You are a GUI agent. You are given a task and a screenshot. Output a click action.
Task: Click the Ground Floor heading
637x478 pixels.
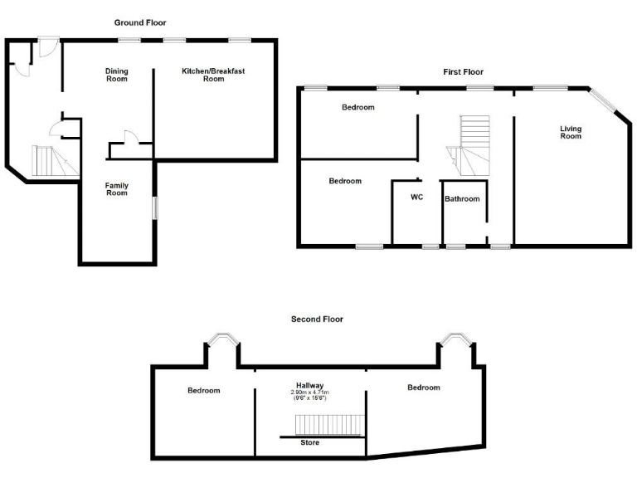click(x=145, y=22)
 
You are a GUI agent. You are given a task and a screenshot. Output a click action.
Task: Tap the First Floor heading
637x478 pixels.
click(x=463, y=72)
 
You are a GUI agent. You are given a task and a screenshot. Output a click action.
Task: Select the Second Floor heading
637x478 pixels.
click(x=317, y=319)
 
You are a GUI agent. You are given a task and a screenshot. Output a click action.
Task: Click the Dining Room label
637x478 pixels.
click(x=117, y=75)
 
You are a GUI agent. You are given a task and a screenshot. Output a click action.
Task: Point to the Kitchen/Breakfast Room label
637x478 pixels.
click(x=213, y=75)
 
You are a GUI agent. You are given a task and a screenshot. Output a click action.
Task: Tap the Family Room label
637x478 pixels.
click(x=116, y=189)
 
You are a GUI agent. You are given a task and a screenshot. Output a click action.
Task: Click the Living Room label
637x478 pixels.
click(x=571, y=132)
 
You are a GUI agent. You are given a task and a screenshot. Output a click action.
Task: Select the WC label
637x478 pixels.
click(x=417, y=198)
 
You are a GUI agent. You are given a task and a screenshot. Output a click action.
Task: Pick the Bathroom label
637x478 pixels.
click(x=462, y=199)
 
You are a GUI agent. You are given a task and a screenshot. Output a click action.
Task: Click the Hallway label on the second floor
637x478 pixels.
click(x=308, y=385)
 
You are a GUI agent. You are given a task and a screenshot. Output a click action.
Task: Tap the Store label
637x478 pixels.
click(x=309, y=442)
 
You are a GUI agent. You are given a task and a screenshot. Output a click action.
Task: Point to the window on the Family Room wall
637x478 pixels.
click(x=154, y=208)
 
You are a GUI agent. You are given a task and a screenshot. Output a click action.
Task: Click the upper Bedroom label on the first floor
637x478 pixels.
click(x=358, y=107)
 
